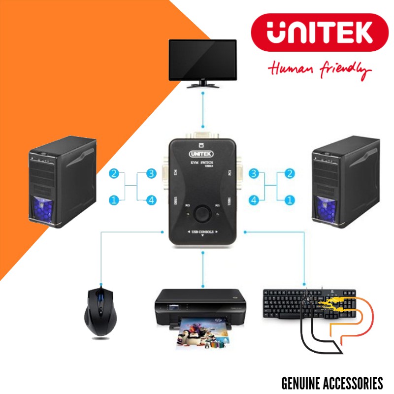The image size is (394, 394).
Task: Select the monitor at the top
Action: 202,62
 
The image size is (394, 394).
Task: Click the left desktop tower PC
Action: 62,182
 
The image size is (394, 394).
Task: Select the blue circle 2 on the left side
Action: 114,173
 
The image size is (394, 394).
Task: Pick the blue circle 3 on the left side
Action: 151,173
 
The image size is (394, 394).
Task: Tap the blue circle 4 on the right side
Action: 254,200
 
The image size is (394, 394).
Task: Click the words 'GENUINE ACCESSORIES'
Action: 332,383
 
